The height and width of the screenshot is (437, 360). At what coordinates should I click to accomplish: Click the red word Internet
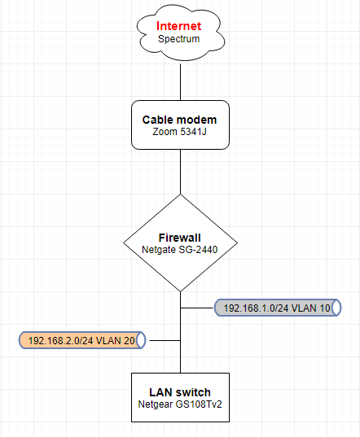pos(178,26)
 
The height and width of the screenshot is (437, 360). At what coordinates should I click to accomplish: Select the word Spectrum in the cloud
pos(178,39)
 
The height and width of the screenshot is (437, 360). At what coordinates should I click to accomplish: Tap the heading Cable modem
pos(179,120)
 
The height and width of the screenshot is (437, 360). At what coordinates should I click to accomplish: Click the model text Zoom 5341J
pos(179,132)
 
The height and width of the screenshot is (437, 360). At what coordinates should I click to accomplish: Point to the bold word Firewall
pos(179,238)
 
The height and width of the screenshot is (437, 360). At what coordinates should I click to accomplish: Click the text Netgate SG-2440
pos(179,250)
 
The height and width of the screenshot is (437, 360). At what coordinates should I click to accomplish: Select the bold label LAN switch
pos(180,392)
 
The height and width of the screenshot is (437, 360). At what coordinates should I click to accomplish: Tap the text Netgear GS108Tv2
pos(180,404)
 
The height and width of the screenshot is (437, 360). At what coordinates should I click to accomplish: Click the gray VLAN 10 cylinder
pos(278,308)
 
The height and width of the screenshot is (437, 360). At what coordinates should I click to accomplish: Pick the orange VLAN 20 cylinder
pos(82,340)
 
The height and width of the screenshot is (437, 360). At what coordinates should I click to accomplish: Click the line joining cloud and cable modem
pos(181,82)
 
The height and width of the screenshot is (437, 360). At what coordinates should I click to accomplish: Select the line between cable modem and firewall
pos(181,172)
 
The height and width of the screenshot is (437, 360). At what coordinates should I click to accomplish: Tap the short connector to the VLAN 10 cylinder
pos(197,308)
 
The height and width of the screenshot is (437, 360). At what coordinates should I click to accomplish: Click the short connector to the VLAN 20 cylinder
pos(165,340)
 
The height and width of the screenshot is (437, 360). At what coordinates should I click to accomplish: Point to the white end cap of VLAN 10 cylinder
pos(337,308)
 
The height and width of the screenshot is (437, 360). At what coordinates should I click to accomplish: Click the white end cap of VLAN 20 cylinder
pos(142,340)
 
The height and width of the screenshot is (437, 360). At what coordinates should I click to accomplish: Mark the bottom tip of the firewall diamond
pos(181,292)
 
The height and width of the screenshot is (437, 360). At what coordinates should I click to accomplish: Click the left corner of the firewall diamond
pos(123,243)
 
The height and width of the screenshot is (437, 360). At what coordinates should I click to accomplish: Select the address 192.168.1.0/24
pos(256,308)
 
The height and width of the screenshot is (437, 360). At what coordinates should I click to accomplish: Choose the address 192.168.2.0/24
pos(60,340)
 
